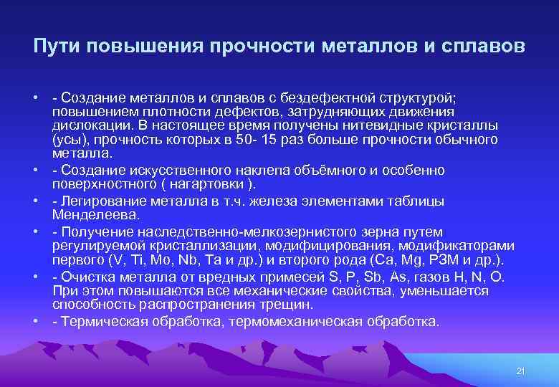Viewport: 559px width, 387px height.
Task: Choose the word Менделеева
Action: coord(90,214)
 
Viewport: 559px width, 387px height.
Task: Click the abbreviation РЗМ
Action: coord(441,259)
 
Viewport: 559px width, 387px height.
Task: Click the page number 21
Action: coord(521,370)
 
